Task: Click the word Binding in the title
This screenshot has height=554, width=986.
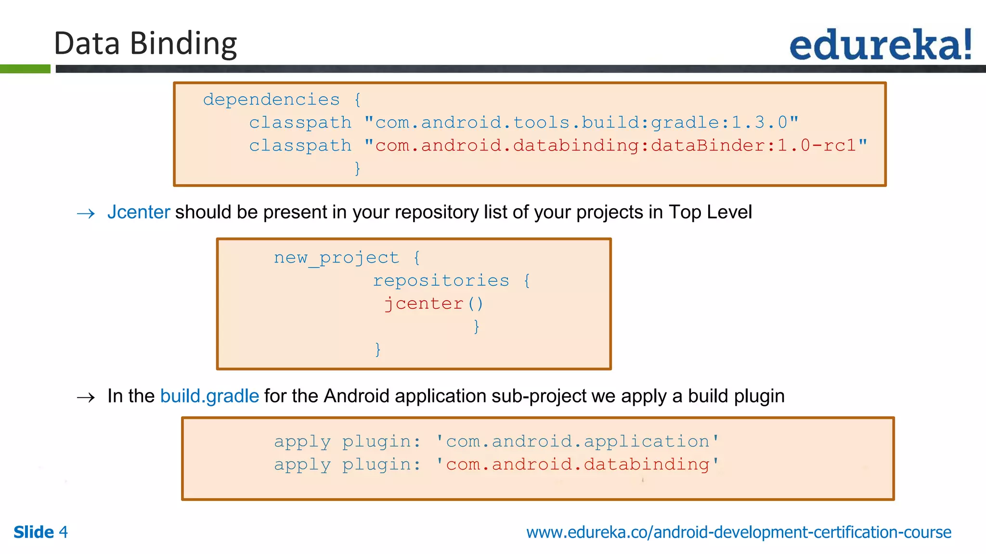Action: tap(183, 44)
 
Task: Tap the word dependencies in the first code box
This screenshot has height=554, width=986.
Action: tap(271, 100)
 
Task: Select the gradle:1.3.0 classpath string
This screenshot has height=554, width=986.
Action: tap(582, 123)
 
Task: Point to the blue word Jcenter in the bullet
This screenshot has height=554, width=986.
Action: tap(139, 212)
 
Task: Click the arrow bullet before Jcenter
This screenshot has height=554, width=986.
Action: tap(86, 214)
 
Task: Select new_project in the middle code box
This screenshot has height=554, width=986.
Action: tap(336, 258)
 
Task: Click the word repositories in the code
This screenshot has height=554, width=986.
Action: tap(441, 280)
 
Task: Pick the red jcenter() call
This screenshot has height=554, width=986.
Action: tap(433, 303)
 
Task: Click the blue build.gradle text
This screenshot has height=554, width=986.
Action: tap(209, 396)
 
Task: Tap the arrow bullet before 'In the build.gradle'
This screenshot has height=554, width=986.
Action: tap(86, 398)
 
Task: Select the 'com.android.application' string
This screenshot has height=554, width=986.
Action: tap(577, 441)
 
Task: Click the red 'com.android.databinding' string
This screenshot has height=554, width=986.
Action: tap(577, 465)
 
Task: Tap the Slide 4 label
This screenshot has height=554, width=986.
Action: tap(40, 532)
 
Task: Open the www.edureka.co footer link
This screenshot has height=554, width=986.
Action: tap(739, 532)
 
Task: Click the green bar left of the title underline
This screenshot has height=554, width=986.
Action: tap(25, 69)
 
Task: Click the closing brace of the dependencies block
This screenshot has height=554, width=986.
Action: tap(357, 168)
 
